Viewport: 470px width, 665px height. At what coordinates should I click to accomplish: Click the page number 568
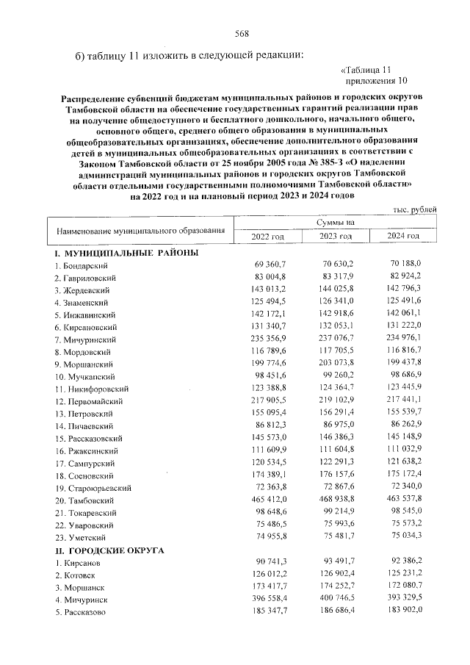(242, 33)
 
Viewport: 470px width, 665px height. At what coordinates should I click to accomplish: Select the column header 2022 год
(267, 235)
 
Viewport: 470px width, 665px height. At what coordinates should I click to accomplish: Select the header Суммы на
(336, 221)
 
